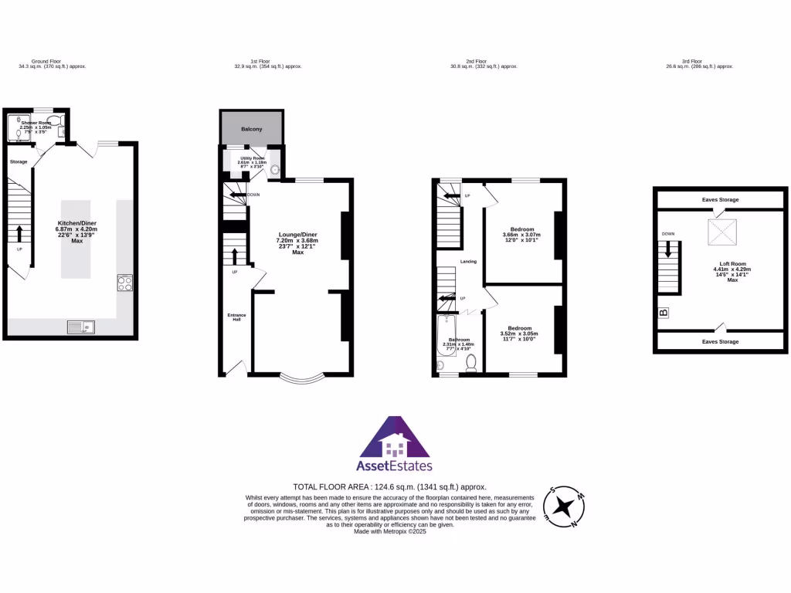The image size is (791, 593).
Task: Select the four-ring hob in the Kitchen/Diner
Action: coord(124,283)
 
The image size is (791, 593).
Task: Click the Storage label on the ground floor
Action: coord(19,161)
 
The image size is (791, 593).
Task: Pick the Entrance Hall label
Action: coord(236,317)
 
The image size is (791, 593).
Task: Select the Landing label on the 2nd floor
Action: coord(468,262)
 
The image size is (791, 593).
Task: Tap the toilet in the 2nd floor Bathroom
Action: coord(471,364)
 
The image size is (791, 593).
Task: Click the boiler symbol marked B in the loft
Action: coord(663,313)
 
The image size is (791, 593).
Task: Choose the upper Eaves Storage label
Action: coord(720,200)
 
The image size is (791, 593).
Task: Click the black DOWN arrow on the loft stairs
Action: coord(669,249)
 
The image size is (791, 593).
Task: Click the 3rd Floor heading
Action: coord(692,61)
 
